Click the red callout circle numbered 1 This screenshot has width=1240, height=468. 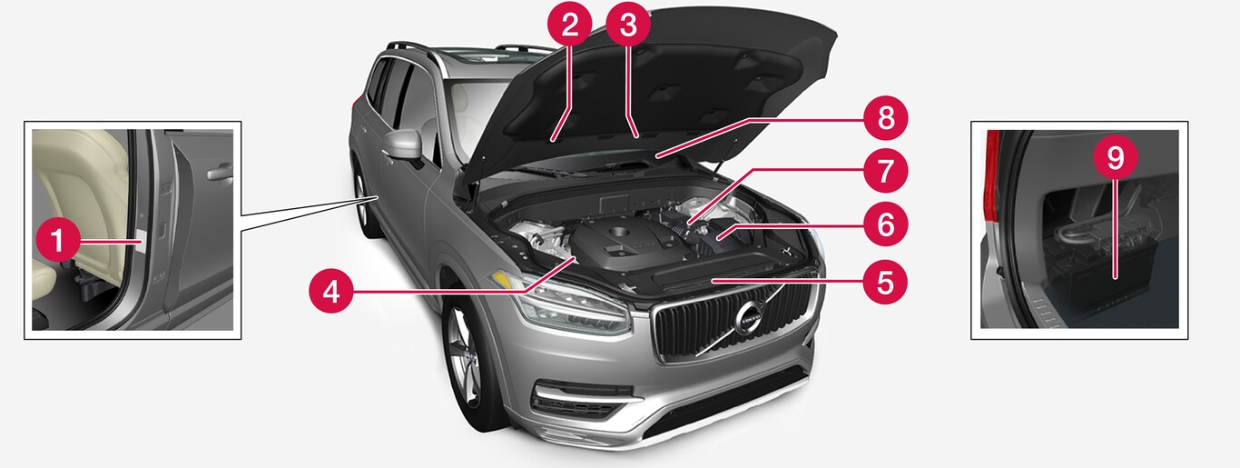[x=57, y=241]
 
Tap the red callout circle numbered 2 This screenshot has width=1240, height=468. [x=570, y=25]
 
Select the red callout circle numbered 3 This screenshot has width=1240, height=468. [x=628, y=25]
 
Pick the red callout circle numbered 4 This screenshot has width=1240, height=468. [x=331, y=291]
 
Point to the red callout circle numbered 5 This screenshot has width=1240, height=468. [x=885, y=282]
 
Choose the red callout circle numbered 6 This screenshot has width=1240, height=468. [x=885, y=225]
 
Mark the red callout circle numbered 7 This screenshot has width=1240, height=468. [x=885, y=170]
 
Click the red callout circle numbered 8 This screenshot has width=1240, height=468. [x=885, y=118]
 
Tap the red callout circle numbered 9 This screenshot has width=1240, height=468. [x=1116, y=157]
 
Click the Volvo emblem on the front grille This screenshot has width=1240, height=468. [x=749, y=318]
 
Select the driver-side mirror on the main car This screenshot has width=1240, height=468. [x=402, y=145]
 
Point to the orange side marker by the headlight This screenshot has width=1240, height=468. [x=500, y=280]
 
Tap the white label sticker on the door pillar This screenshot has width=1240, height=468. [x=142, y=242]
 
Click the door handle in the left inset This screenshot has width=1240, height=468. [x=220, y=174]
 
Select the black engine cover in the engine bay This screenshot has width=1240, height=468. [x=623, y=244]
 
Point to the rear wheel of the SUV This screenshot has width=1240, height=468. [x=365, y=205]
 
